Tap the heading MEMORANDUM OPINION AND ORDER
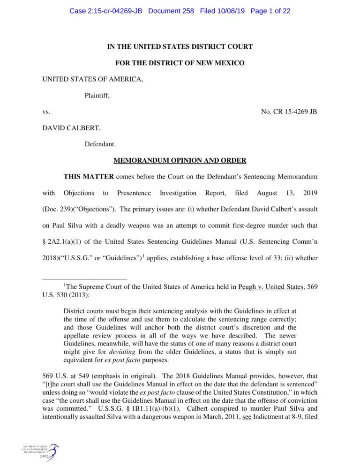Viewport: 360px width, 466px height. [x=180, y=161]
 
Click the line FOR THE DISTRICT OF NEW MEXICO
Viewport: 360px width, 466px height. [x=180, y=62]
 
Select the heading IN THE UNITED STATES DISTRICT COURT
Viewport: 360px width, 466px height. [x=180, y=46]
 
